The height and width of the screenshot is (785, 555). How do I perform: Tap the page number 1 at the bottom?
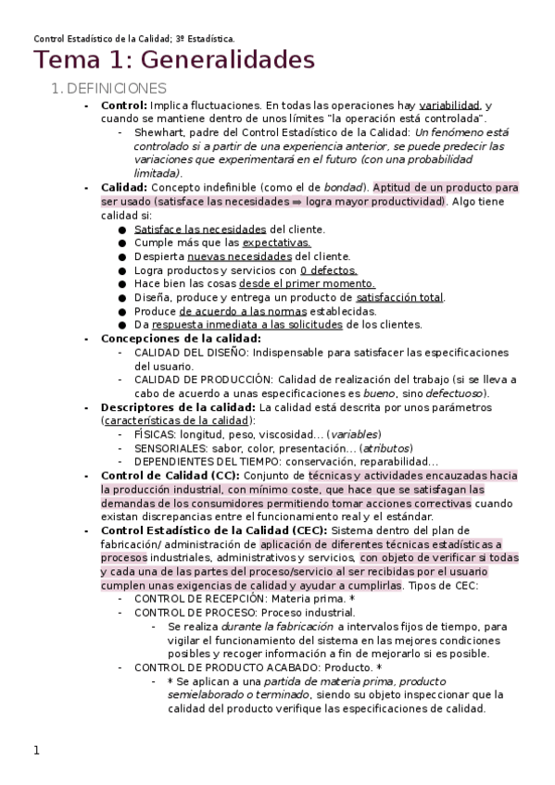(37, 751)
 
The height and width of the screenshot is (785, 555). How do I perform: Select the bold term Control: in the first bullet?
(124, 106)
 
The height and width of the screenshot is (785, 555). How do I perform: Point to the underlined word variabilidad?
(449, 106)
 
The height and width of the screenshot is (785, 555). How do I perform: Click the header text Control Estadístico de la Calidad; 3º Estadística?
(134, 39)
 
